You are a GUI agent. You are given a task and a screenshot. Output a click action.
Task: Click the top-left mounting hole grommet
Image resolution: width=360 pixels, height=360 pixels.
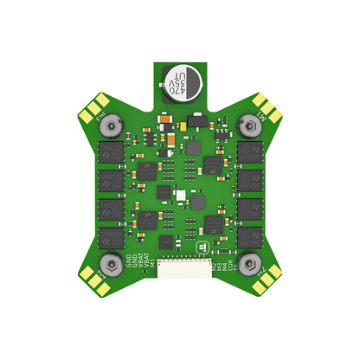pos(110,127)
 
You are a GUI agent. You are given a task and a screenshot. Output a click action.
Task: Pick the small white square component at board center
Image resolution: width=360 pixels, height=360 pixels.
pos(180,196)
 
